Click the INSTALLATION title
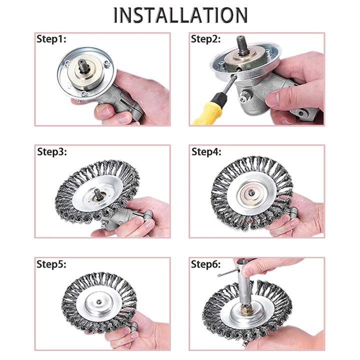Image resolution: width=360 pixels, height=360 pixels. (x=180, y=14)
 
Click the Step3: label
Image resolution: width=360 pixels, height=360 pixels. (x=52, y=151)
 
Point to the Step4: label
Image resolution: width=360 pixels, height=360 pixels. (x=206, y=151)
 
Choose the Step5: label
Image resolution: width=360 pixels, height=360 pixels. (x=52, y=263)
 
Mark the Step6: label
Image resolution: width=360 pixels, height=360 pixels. (x=206, y=263)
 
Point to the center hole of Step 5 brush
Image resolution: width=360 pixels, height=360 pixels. (x=101, y=302)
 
